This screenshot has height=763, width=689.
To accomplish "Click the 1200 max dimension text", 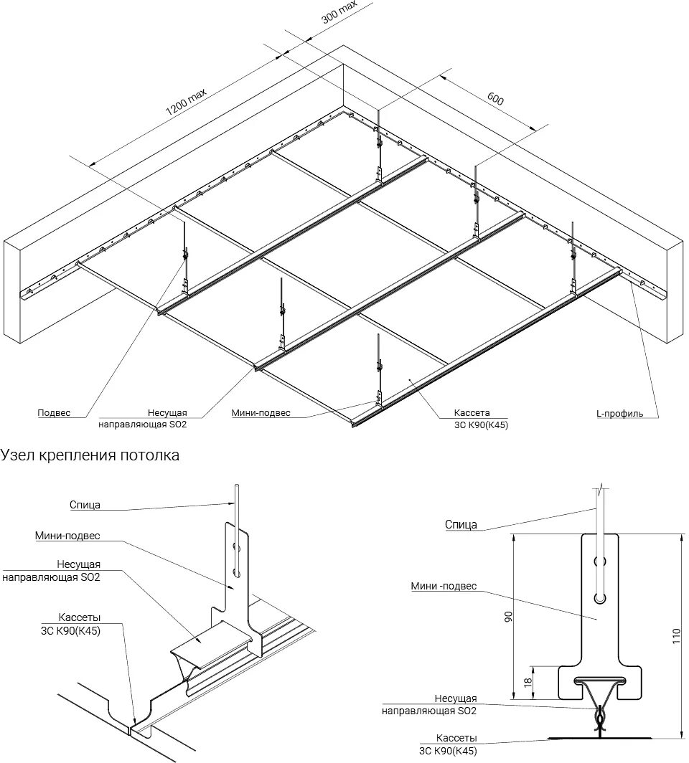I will pos(186,101).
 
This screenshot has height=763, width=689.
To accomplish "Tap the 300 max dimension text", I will pos(339,14).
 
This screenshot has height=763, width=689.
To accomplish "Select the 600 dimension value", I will pos(495,99).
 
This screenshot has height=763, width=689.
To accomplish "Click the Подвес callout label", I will pos(55,413).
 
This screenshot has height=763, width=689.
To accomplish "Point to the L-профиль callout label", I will pos(619,413).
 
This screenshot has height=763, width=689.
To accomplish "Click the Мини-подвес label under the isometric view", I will pos(261,412).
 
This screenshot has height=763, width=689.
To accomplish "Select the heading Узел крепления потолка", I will pos(90,455).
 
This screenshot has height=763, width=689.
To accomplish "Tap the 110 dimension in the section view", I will pos(675,635).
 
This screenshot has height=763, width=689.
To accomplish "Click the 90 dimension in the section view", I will pos(508,617).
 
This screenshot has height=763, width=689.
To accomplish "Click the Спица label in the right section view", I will pos(461,525).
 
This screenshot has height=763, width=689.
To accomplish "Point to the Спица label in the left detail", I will pos(85,505).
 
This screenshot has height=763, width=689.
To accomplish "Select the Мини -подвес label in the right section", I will pos(444,586).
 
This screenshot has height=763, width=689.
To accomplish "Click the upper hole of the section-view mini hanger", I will pos(601,561).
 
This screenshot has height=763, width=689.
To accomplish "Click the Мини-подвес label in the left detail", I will pos(67,536).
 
